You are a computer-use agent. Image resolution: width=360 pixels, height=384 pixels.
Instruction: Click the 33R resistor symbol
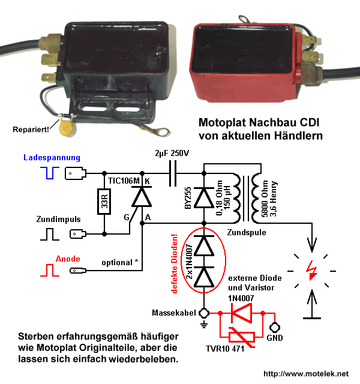(x=104, y=202)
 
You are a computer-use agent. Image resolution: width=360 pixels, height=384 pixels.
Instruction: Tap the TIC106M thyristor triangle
(x=142, y=197)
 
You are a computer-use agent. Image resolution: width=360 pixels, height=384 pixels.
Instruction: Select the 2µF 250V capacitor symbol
(x=173, y=173)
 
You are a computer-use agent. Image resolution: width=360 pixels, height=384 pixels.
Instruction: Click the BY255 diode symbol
(x=204, y=197)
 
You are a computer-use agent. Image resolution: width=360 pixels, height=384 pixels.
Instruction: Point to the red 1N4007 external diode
(x=241, y=313)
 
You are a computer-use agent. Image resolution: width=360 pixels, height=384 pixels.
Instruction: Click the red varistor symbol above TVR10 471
(x=241, y=337)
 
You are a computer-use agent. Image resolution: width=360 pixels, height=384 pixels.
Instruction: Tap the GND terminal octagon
(x=275, y=327)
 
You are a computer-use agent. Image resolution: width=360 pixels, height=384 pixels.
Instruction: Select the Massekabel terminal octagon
(x=204, y=313)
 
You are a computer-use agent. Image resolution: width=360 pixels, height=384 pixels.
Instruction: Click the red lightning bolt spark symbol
(x=312, y=271)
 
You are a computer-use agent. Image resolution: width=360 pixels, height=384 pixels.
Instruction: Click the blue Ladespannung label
(x=52, y=157)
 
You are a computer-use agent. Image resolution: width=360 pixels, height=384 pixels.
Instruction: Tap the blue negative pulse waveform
(x=50, y=173)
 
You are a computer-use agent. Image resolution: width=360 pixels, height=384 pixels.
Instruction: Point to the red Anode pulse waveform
(x=50, y=270)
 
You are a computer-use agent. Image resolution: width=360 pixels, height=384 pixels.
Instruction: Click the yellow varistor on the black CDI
(x=67, y=127)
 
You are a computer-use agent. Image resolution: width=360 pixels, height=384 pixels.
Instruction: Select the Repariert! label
(x=31, y=130)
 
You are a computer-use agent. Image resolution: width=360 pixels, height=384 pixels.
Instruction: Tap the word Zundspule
(x=247, y=232)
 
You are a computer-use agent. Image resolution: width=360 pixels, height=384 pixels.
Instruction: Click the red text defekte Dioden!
(x=175, y=263)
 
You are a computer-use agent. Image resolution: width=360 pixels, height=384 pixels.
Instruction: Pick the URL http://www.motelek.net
(x=306, y=374)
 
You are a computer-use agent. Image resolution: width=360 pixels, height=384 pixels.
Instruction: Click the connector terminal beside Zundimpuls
(x=78, y=234)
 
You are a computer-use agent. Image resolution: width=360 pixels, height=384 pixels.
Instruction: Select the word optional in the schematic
(x=117, y=263)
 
